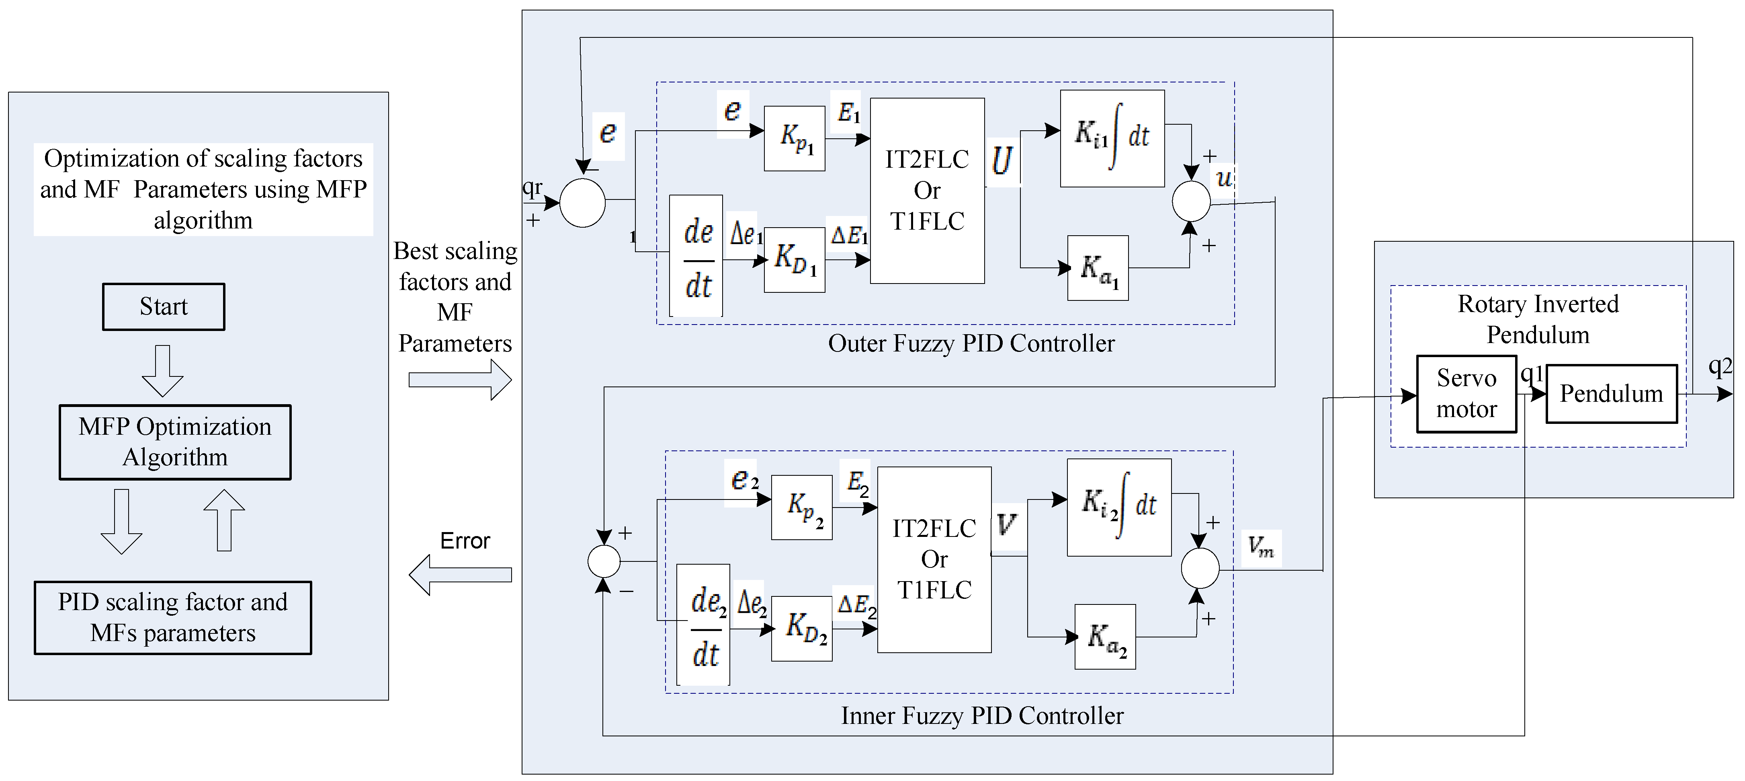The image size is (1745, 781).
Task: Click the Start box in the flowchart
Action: point(163,306)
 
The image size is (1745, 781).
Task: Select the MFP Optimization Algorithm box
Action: point(175,442)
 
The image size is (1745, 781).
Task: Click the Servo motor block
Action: point(1466,394)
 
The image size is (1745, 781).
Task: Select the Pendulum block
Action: point(1611,394)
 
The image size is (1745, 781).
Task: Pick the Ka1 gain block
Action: point(1098,268)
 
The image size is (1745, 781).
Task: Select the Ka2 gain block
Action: point(1105,637)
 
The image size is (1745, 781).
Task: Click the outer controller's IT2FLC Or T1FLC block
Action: point(927,191)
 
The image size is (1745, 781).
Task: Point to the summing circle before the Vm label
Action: point(1200,568)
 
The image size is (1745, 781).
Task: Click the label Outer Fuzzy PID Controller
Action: point(971,344)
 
